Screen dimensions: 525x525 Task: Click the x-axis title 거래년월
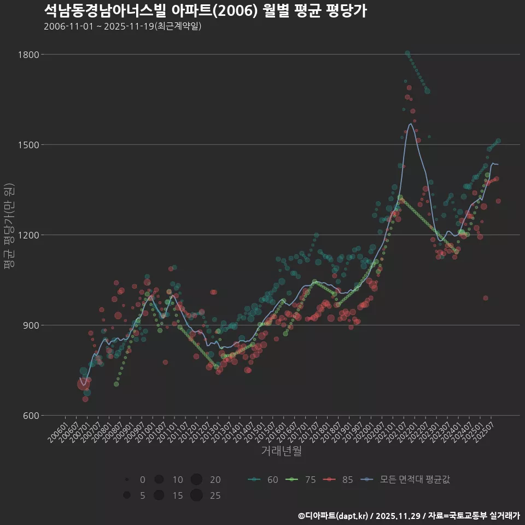[281, 451]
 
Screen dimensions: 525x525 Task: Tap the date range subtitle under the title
[122, 26]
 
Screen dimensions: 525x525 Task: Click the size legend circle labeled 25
[197, 495]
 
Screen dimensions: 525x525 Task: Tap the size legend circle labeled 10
[159, 480]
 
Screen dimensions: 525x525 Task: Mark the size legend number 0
[142, 480]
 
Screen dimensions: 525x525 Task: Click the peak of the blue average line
[410, 124]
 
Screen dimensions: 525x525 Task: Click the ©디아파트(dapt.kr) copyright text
[334, 516]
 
